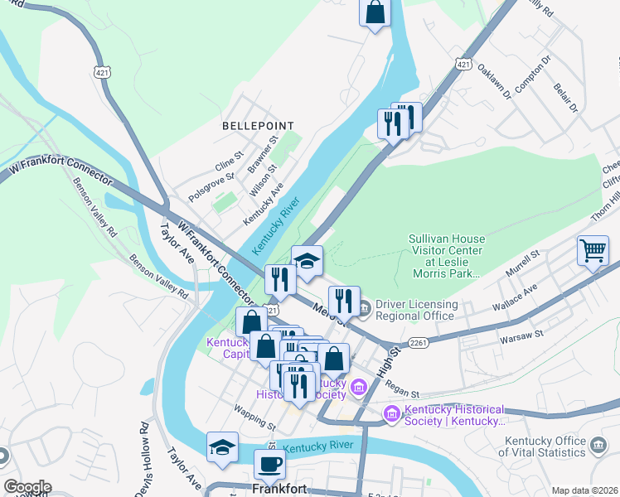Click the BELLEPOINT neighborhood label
pyautogui.click(x=258, y=126)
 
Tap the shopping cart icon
pyautogui.click(x=593, y=249)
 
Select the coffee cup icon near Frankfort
pyautogui.click(x=269, y=464)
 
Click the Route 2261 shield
pyautogui.click(x=419, y=343)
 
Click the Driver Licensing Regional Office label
pyautogui.click(x=415, y=310)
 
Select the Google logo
pyautogui.click(x=27, y=487)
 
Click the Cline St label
pyautogui.click(x=229, y=155)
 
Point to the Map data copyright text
pyautogui.click(x=584, y=490)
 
